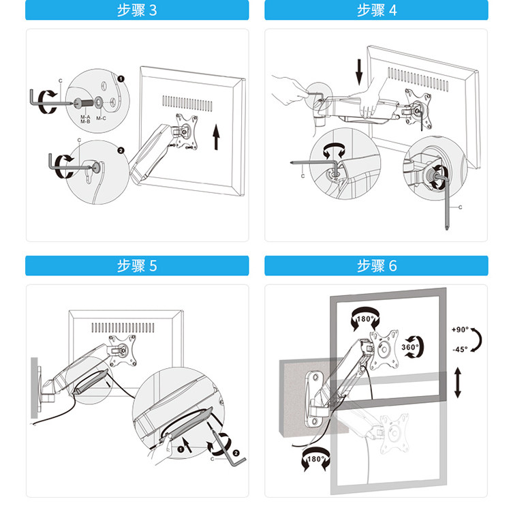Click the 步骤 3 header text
137,10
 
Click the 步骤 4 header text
377,10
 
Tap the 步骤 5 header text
137,266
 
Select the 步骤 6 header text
377,266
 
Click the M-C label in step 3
101,119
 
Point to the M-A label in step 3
85,117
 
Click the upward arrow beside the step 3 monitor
216,137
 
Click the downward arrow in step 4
359,72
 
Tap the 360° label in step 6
409,347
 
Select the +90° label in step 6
460,329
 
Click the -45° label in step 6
460,349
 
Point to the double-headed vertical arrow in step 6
458,382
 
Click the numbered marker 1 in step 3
121,79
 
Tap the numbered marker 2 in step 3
121,151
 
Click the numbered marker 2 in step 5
236,453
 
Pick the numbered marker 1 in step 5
181,450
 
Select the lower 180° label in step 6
315,459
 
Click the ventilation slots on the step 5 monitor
123,328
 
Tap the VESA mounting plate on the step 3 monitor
187,132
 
